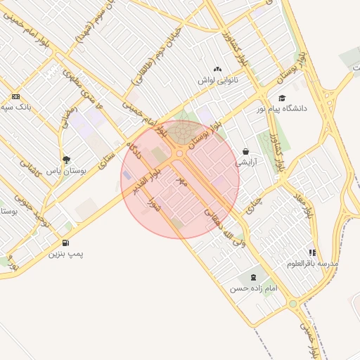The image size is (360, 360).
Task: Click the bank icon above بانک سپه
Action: point(15,97)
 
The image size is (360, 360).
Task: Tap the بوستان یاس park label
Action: point(65,170)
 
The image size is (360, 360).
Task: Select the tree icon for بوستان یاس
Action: point(67,160)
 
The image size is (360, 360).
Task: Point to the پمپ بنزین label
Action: point(65,253)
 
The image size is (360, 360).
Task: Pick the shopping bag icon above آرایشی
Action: point(245,151)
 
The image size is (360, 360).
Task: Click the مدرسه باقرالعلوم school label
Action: point(313,263)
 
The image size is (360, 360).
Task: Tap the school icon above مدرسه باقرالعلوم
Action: point(312,252)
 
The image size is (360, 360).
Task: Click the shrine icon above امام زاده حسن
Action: point(253,278)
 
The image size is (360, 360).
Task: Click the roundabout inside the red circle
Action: point(179,153)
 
